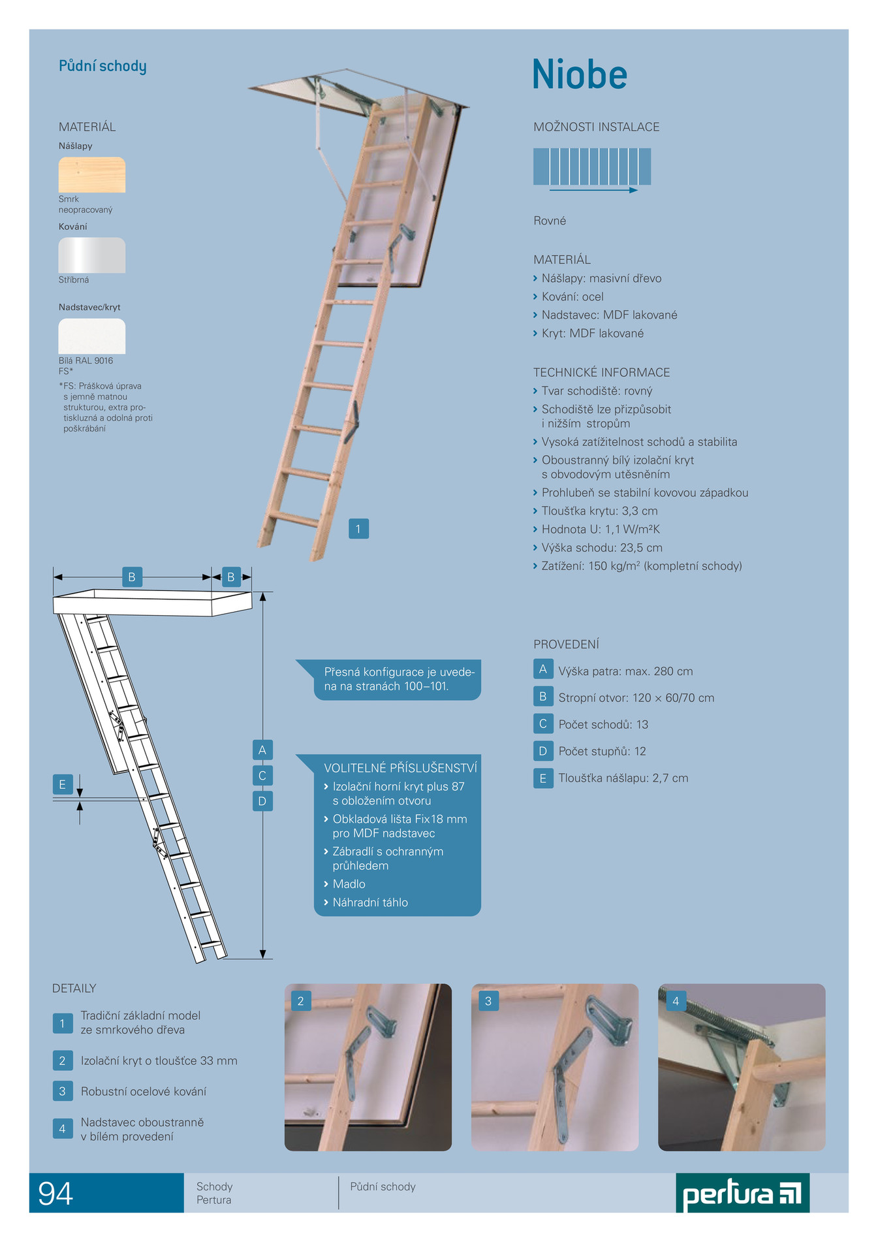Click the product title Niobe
tap(580, 74)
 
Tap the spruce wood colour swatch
tap(92, 174)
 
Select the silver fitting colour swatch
tap(92, 255)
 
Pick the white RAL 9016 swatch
tap(92, 336)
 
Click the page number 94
tap(55, 1194)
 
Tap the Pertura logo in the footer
tap(742, 1193)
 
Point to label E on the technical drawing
tap(63, 784)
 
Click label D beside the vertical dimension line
tap(262, 801)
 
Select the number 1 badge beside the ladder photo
tap(358, 528)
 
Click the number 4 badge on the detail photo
tap(676, 1001)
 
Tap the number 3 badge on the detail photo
tap(488, 1001)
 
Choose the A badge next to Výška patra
tap(543, 669)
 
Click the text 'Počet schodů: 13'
tap(603, 724)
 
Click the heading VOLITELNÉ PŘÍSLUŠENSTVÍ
tap(400, 768)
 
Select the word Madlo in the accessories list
tap(349, 884)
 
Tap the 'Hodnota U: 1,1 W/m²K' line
tap(601, 529)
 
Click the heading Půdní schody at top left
tap(102, 66)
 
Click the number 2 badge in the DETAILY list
tap(63, 1060)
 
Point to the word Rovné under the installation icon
tap(550, 221)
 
